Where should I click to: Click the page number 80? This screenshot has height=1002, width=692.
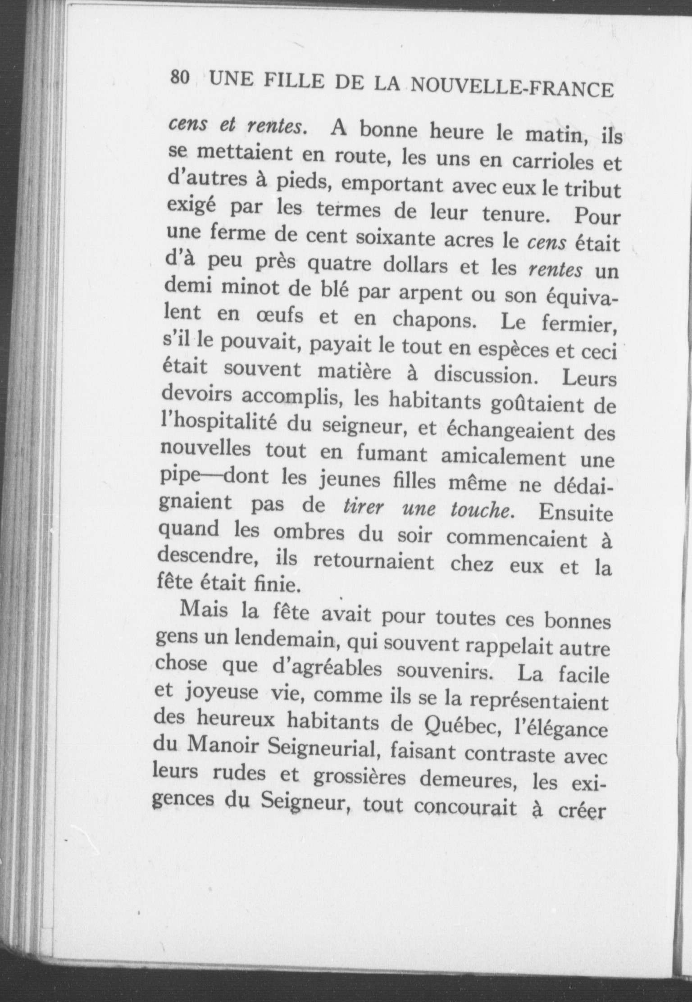coord(179,77)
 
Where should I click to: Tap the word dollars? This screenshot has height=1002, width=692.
coord(414,265)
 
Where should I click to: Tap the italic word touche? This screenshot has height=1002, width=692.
coord(482,510)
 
